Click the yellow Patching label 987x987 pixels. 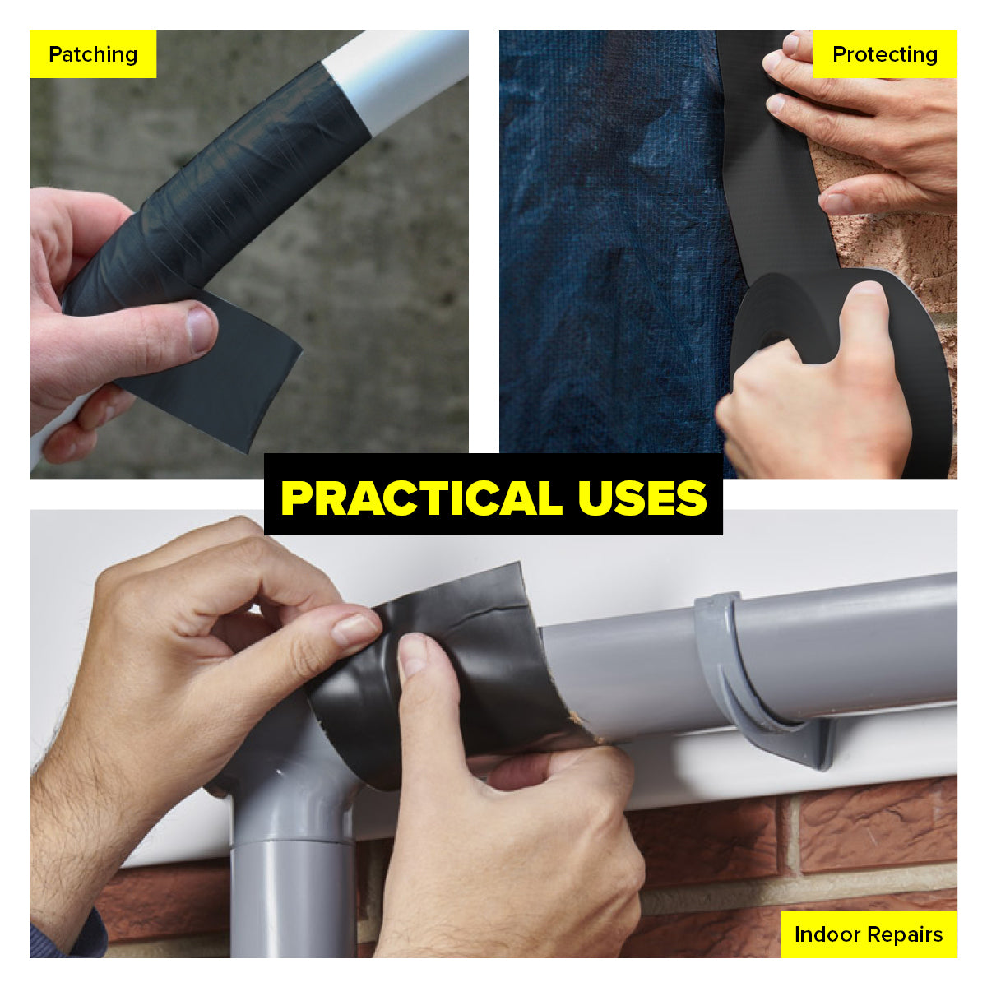coord(92,54)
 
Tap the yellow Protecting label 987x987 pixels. coord(884,54)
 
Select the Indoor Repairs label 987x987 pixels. coord(868,934)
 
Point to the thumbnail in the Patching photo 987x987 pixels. coord(200,327)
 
